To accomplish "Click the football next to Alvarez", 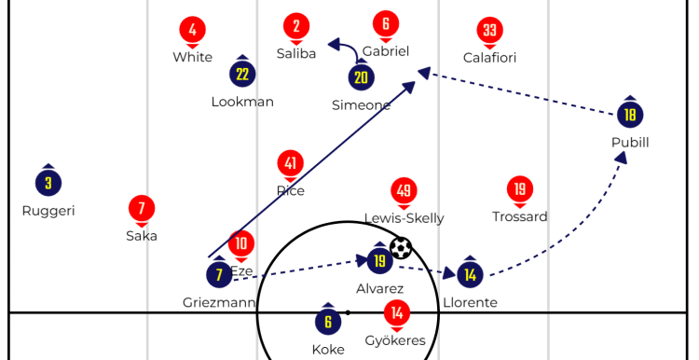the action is coord(401,248).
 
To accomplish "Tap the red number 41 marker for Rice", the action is coord(290,164).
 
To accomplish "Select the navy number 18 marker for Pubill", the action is coord(630,115).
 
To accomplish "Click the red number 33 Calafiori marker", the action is coord(489,31).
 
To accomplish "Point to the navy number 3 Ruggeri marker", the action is coord(48,184).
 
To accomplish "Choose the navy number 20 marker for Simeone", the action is coord(361,77).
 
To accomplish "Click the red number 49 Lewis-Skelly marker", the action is coord(404,191).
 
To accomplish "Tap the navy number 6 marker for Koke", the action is coord(328,322).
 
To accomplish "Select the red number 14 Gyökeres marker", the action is coord(397,313).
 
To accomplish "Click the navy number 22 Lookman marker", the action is coord(242,74).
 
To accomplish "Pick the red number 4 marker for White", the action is coord(192,30).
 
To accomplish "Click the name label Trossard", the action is coord(519,216).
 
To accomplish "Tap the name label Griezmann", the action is coord(219,303).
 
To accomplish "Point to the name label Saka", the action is coord(142,236).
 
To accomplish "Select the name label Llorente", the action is coord(470,303).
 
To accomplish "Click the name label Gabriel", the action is coord(386,51).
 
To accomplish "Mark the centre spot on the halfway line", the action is coord(348,312).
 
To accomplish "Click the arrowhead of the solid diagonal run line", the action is coord(410,86).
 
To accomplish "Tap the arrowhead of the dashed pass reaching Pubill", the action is coord(622,157).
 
